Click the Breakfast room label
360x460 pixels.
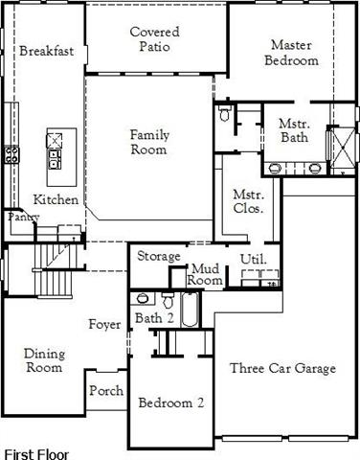point(47,50)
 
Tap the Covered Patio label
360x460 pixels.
point(155,39)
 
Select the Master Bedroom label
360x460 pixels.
point(293,53)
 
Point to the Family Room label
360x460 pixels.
point(149,142)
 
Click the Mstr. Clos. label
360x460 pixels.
point(249,200)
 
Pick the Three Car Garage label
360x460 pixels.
point(282,368)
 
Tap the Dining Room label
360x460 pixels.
point(43,360)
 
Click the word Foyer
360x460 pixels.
point(104,325)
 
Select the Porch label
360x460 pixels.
point(105,391)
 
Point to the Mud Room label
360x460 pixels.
point(205,274)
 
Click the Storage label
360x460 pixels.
point(158,257)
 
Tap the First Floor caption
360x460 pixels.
point(36,450)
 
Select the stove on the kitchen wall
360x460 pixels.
point(11,152)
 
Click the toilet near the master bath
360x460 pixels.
point(225,116)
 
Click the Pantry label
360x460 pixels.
point(21,218)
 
